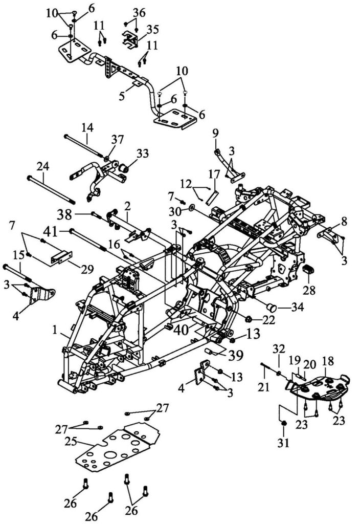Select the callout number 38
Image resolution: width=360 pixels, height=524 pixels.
pyautogui.click(x=64, y=214)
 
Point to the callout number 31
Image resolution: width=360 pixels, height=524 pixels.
pyautogui.click(x=283, y=443)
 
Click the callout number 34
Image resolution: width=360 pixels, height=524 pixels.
pyautogui.click(x=297, y=307)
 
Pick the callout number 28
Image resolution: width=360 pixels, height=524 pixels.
pyautogui.click(x=309, y=290)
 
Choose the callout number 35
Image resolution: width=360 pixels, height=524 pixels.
pyautogui.click(x=152, y=29)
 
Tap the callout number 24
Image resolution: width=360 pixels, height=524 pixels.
pyautogui.click(x=43, y=166)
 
